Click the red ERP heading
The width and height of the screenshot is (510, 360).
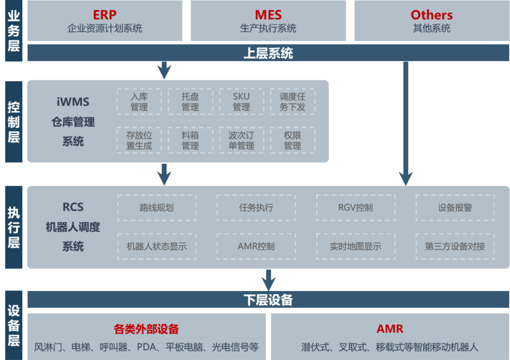click(104, 15)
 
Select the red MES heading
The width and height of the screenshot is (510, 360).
click(268, 15)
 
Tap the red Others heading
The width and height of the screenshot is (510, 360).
click(431, 15)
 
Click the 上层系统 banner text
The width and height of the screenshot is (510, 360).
click(268, 53)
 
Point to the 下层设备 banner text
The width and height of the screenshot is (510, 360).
click(268, 300)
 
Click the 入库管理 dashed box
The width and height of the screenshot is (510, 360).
click(139, 101)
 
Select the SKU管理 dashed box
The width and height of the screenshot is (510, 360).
click(241, 101)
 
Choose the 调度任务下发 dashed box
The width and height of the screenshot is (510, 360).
click(292, 101)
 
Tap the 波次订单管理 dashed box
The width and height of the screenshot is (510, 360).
click(241, 141)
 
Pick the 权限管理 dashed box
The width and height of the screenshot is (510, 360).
click(292, 141)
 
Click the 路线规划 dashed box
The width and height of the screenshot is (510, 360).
click(157, 208)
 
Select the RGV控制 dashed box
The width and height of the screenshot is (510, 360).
click(356, 208)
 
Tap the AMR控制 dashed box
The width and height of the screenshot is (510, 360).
click(256, 246)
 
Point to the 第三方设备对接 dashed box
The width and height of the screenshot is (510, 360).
click(455, 246)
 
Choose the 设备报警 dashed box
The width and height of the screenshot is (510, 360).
click(455, 208)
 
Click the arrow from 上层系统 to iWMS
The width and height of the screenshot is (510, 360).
click(164, 70)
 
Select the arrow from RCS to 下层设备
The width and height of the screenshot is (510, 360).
click(268, 280)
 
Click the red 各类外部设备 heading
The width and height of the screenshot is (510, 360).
click(146, 329)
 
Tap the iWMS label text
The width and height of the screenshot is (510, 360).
click(73, 101)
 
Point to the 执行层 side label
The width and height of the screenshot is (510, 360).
click(14, 227)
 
